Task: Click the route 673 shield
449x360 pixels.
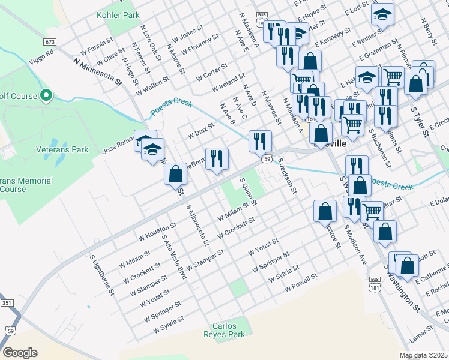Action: [50, 42]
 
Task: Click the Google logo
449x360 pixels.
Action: [20, 352]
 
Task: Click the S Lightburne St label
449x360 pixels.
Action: [102, 275]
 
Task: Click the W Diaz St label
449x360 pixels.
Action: [201, 131]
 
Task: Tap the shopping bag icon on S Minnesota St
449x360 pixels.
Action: [175, 174]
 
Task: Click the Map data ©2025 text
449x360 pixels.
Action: [423, 355]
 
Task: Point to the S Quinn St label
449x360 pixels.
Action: [248, 191]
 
